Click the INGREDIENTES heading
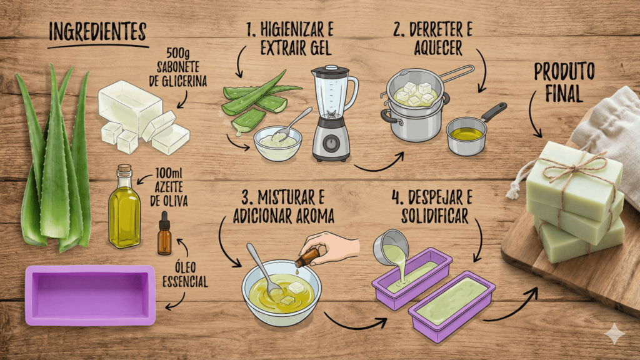click(97, 32)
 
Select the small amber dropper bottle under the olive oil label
click(164, 234)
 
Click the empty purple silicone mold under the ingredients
click(90, 296)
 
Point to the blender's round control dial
click(332, 143)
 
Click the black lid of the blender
click(330, 71)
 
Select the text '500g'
click(178, 54)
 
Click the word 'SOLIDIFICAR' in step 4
click(435, 216)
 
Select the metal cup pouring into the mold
click(391, 246)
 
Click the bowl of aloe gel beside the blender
click(277, 143)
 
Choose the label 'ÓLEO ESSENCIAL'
click(185, 275)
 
